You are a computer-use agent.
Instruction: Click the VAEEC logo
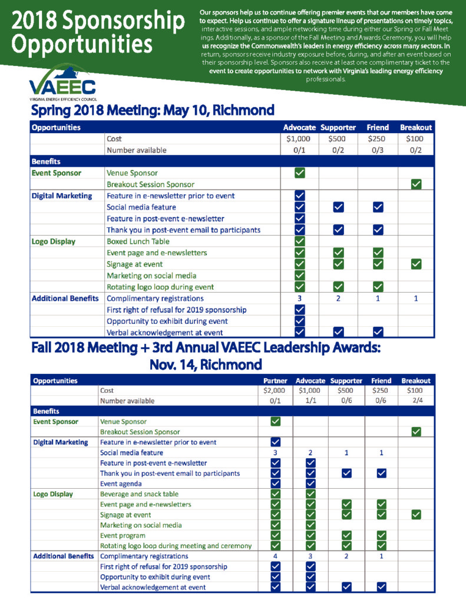tap(62, 82)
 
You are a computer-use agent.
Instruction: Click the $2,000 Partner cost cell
tap(274, 390)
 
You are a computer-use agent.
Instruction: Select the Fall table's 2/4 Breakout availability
tap(416, 400)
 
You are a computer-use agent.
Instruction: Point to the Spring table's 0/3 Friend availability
tap(378, 150)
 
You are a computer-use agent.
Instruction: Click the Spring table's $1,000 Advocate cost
tap(299, 139)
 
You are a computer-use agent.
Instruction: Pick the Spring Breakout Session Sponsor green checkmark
tap(416, 184)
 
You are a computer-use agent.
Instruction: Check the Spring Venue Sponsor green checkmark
tap(299, 173)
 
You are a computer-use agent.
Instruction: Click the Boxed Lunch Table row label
tap(138, 241)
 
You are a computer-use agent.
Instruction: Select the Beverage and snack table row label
tap(139, 494)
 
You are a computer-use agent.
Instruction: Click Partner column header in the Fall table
tap(275, 380)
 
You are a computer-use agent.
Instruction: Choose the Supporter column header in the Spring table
tap(338, 127)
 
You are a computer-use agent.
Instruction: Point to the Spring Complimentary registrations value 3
tap(299, 299)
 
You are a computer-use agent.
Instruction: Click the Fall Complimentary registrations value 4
tap(275, 556)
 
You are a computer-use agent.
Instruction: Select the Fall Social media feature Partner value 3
tap(275, 452)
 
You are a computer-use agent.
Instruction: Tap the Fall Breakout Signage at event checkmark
tap(416, 515)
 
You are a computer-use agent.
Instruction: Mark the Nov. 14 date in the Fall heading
tap(172, 363)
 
